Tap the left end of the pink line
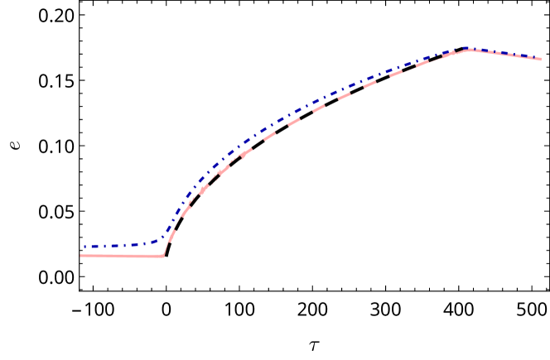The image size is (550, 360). click(80, 256)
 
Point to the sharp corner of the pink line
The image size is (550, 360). click(163, 256)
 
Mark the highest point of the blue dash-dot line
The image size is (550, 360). click(470, 48)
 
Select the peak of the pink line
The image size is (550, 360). click(470, 50)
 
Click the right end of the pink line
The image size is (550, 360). click(540, 60)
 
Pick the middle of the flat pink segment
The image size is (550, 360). click(122, 256)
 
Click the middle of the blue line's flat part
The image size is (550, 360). click(120, 246)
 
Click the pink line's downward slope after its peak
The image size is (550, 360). click(505, 55)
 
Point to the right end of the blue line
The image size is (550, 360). click(540, 59)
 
